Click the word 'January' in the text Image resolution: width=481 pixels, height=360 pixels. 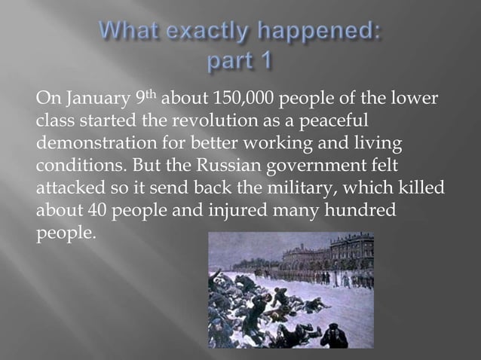coord(87,100)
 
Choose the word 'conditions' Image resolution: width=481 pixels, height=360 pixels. coord(70,165)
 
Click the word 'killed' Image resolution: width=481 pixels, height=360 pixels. coord(422,187)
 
